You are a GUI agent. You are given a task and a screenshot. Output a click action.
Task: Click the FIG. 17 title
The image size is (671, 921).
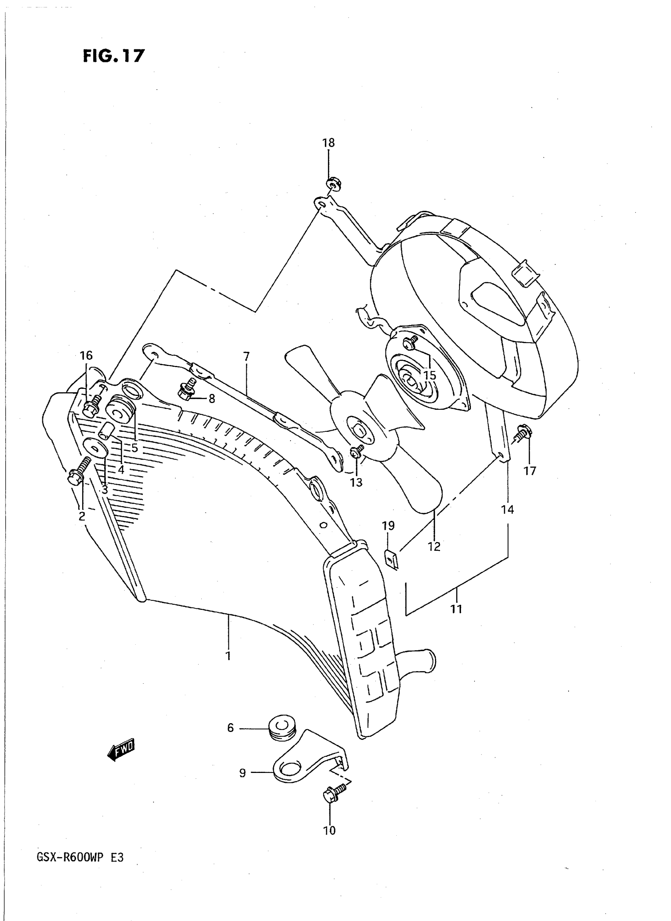pos(113,56)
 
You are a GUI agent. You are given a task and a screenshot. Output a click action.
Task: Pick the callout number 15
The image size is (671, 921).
pos(430,375)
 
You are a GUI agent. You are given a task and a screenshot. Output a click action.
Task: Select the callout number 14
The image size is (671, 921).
pos(507,510)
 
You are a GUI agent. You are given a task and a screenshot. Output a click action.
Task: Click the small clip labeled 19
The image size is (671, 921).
pos(391,560)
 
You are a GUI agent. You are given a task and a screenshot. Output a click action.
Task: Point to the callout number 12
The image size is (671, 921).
pos(434,546)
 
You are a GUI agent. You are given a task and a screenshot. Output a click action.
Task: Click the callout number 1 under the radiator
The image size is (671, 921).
pos(228,656)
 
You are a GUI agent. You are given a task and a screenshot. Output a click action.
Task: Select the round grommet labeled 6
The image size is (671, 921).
pos(282,727)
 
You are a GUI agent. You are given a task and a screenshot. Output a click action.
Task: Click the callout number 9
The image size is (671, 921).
pos(242,773)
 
